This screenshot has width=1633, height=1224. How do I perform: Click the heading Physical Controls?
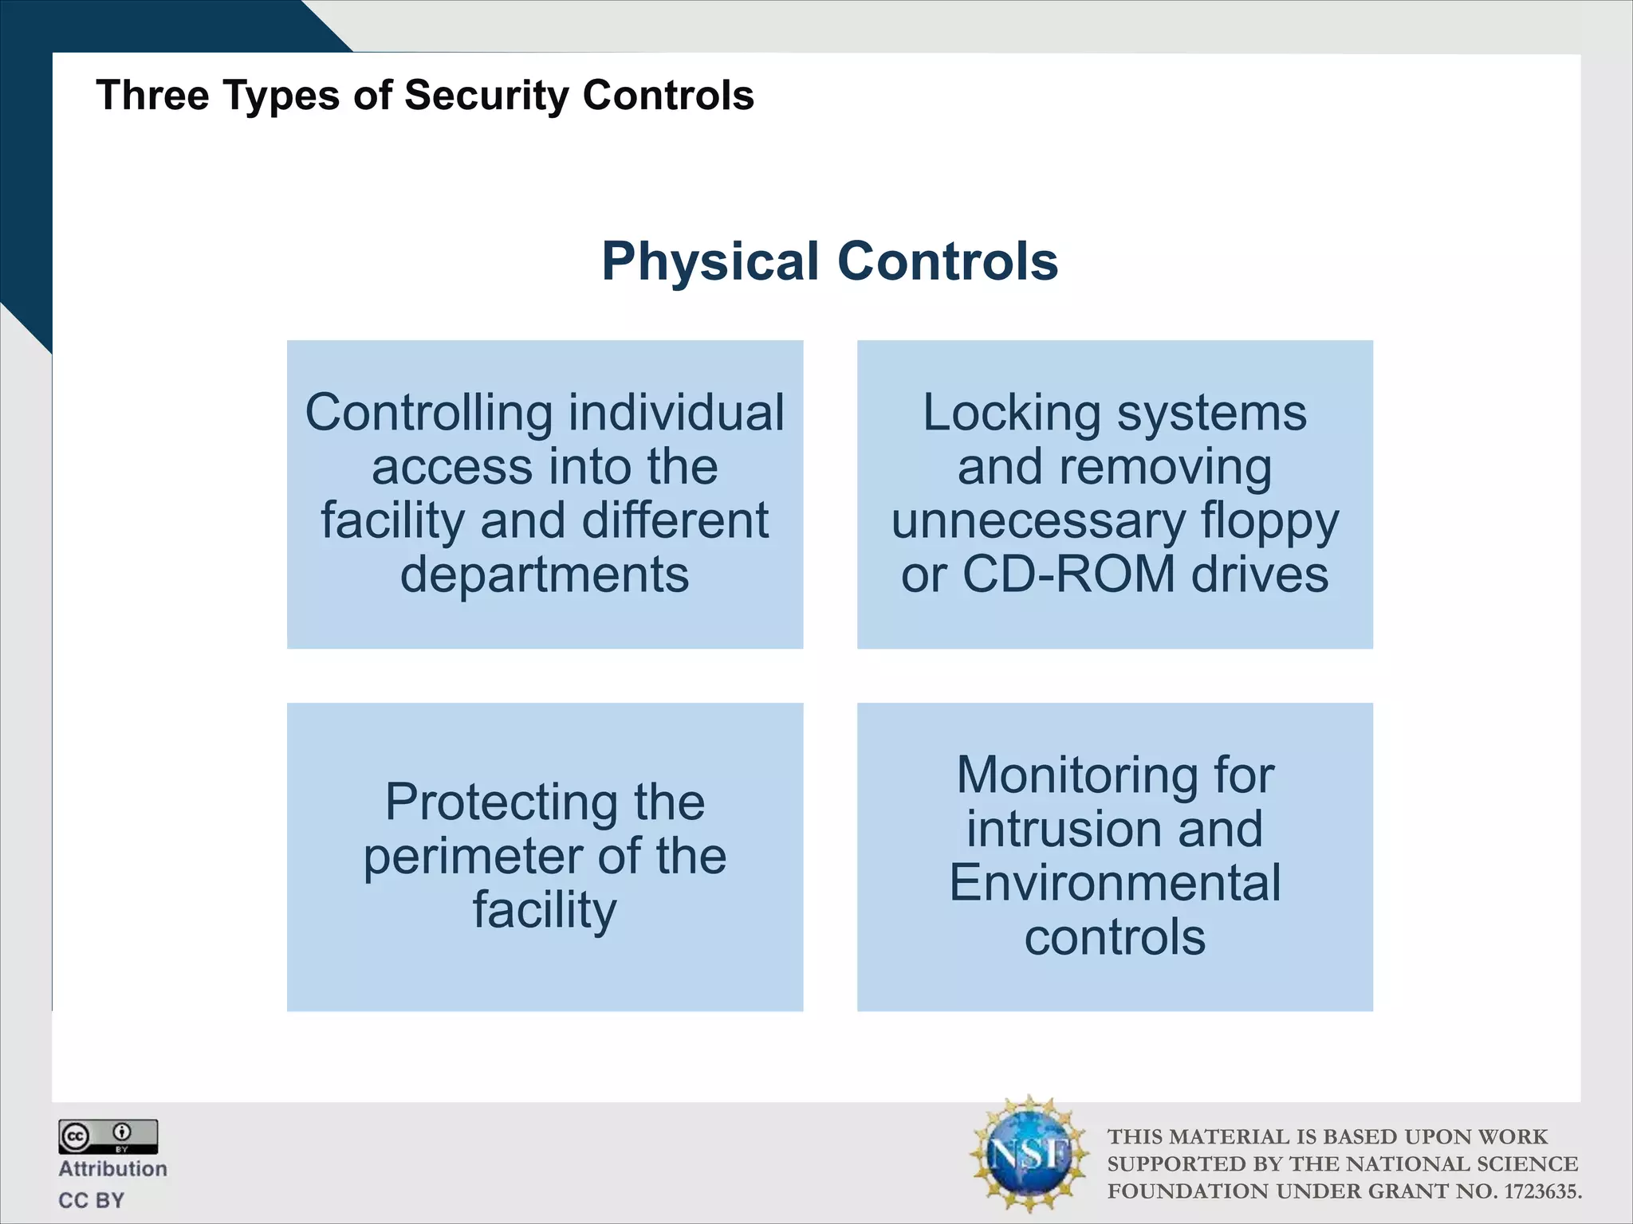coord(829,261)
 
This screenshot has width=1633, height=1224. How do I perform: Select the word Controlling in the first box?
coord(428,414)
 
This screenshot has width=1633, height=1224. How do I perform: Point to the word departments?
coord(544,575)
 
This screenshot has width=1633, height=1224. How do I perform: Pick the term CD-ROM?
coord(1068,575)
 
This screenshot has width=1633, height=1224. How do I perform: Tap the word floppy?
coord(1269,522)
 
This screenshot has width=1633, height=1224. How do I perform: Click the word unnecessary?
coord(1038,522)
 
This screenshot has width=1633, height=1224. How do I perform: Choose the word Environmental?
coord(1115,883)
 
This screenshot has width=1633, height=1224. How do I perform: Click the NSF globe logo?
coord(1029,1153)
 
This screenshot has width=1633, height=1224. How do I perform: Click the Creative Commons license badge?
coord(108,1136)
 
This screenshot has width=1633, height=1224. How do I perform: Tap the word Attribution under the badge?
coord(112,1169)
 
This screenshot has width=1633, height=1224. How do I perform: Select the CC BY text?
coord(92,1200)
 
